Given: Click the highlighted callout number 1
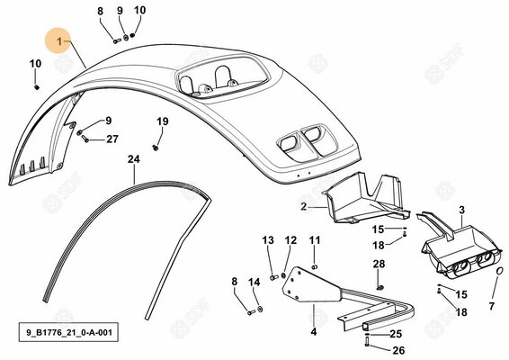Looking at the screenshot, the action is tap(59, 41).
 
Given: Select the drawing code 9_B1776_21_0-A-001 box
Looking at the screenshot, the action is tap(68, 332).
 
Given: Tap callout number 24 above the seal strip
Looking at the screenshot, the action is tap(133, 159).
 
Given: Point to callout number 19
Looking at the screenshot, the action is tap(163, 121).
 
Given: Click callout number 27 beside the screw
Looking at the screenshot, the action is tap(112, 139).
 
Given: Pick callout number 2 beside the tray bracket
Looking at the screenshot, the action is tap(304, 206).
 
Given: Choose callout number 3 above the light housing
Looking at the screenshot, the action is tap(461, 210).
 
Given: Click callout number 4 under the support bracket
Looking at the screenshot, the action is tap(313, 332).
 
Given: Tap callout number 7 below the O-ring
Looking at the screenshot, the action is tap(492, 306).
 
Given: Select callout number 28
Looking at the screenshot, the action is tap(379, 264).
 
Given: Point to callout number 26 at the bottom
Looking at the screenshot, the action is tap(398, 350).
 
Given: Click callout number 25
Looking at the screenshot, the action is tap(396, 334).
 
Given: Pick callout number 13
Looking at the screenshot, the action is tap(268, 240).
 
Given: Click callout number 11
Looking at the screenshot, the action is tap(315, 240).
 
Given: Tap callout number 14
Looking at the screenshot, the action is tap(254, 282).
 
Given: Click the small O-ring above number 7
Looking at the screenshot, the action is tap(501, 271).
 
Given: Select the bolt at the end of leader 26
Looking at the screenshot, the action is tap(368, 342).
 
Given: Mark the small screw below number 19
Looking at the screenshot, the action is tap(156, 148).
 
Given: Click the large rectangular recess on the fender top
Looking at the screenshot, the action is tap(222, 78).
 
